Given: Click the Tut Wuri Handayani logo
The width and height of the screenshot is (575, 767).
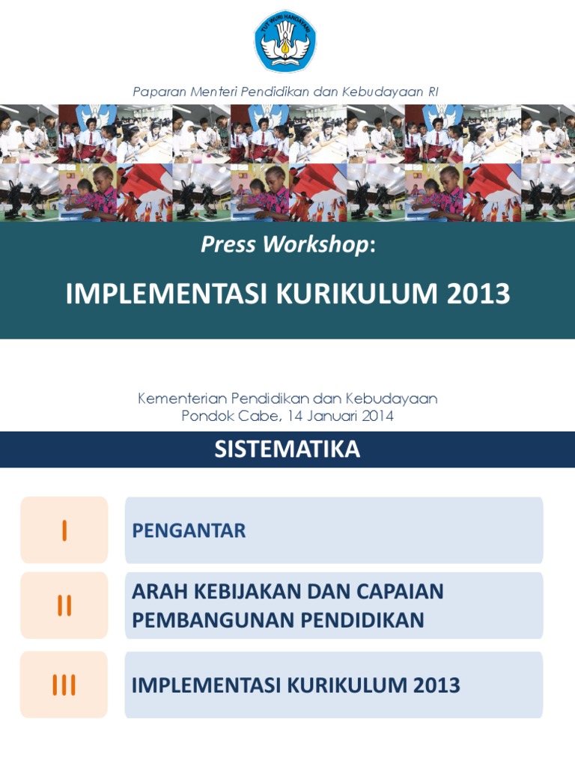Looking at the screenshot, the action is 285,41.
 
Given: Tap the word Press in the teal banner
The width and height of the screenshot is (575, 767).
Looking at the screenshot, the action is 228,244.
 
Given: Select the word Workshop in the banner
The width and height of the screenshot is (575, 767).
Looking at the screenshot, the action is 315,245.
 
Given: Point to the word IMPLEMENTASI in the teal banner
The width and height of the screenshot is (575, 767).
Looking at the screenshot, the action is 167,294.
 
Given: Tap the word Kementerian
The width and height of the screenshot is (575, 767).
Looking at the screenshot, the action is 182,398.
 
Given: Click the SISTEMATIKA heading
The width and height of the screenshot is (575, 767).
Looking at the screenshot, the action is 287,449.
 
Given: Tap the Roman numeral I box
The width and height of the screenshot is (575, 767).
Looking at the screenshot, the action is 64,530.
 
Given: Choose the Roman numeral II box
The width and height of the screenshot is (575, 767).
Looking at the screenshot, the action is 64,605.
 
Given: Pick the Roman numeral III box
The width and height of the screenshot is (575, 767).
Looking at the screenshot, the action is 64,685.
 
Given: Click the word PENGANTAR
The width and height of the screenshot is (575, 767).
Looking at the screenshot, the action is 189,531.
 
